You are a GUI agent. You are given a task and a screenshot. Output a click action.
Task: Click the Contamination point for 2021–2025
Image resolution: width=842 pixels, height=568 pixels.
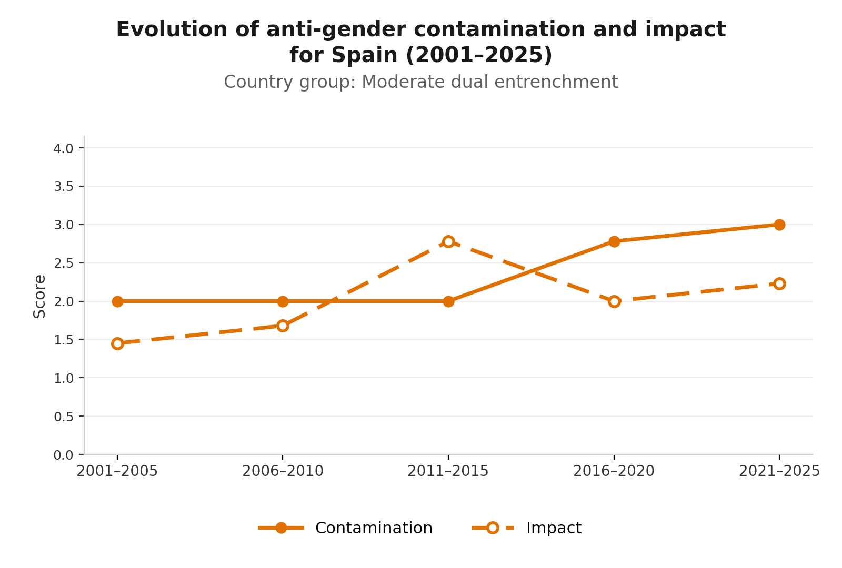coord(779,225)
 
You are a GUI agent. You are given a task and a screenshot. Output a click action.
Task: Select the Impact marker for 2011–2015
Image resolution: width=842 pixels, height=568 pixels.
coord(448,241)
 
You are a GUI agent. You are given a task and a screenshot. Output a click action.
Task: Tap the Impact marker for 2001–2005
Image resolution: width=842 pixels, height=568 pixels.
coord(117,343)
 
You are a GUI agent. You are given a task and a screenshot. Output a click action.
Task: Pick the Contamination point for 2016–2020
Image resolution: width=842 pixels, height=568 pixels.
coord(614,241)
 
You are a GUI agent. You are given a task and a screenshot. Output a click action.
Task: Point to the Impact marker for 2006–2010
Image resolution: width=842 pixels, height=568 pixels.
coord(283,326)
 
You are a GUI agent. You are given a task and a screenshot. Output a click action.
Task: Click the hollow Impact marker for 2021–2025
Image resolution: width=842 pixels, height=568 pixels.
coord(779,283)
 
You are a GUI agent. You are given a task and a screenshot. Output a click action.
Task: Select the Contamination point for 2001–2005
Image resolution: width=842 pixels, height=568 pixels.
coord(117,301)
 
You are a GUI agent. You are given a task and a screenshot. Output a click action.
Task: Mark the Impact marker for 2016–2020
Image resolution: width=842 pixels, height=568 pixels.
coord(614,301)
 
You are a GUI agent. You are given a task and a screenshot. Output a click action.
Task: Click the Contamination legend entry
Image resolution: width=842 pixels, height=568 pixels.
coord(345,528)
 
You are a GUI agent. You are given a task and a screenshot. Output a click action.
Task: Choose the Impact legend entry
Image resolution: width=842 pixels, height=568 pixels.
coord(527,528)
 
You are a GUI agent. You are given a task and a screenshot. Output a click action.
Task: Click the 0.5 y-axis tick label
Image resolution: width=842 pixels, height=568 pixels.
coord(64,417)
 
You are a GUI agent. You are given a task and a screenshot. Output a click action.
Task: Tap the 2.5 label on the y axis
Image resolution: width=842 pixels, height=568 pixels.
coord(64,263)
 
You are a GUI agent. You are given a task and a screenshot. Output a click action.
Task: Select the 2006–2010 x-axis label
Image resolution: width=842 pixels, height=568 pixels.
coord(283,471)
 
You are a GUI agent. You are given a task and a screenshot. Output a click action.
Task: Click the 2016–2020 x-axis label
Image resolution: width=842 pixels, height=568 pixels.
coord(614,471)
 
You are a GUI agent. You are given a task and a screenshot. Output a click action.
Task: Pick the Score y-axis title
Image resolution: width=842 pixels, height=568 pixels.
coord(39,297)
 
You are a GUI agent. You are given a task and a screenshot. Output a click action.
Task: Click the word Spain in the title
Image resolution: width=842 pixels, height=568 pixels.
coord(364,55)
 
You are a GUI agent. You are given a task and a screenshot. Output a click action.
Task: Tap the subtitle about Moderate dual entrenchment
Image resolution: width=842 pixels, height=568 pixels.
coord(421,82)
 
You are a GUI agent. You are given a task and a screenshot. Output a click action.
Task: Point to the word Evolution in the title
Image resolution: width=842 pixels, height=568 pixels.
coord(172,29)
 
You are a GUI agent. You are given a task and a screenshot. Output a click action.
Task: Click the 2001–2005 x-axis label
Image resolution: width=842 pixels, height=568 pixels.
coord(117,471)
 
